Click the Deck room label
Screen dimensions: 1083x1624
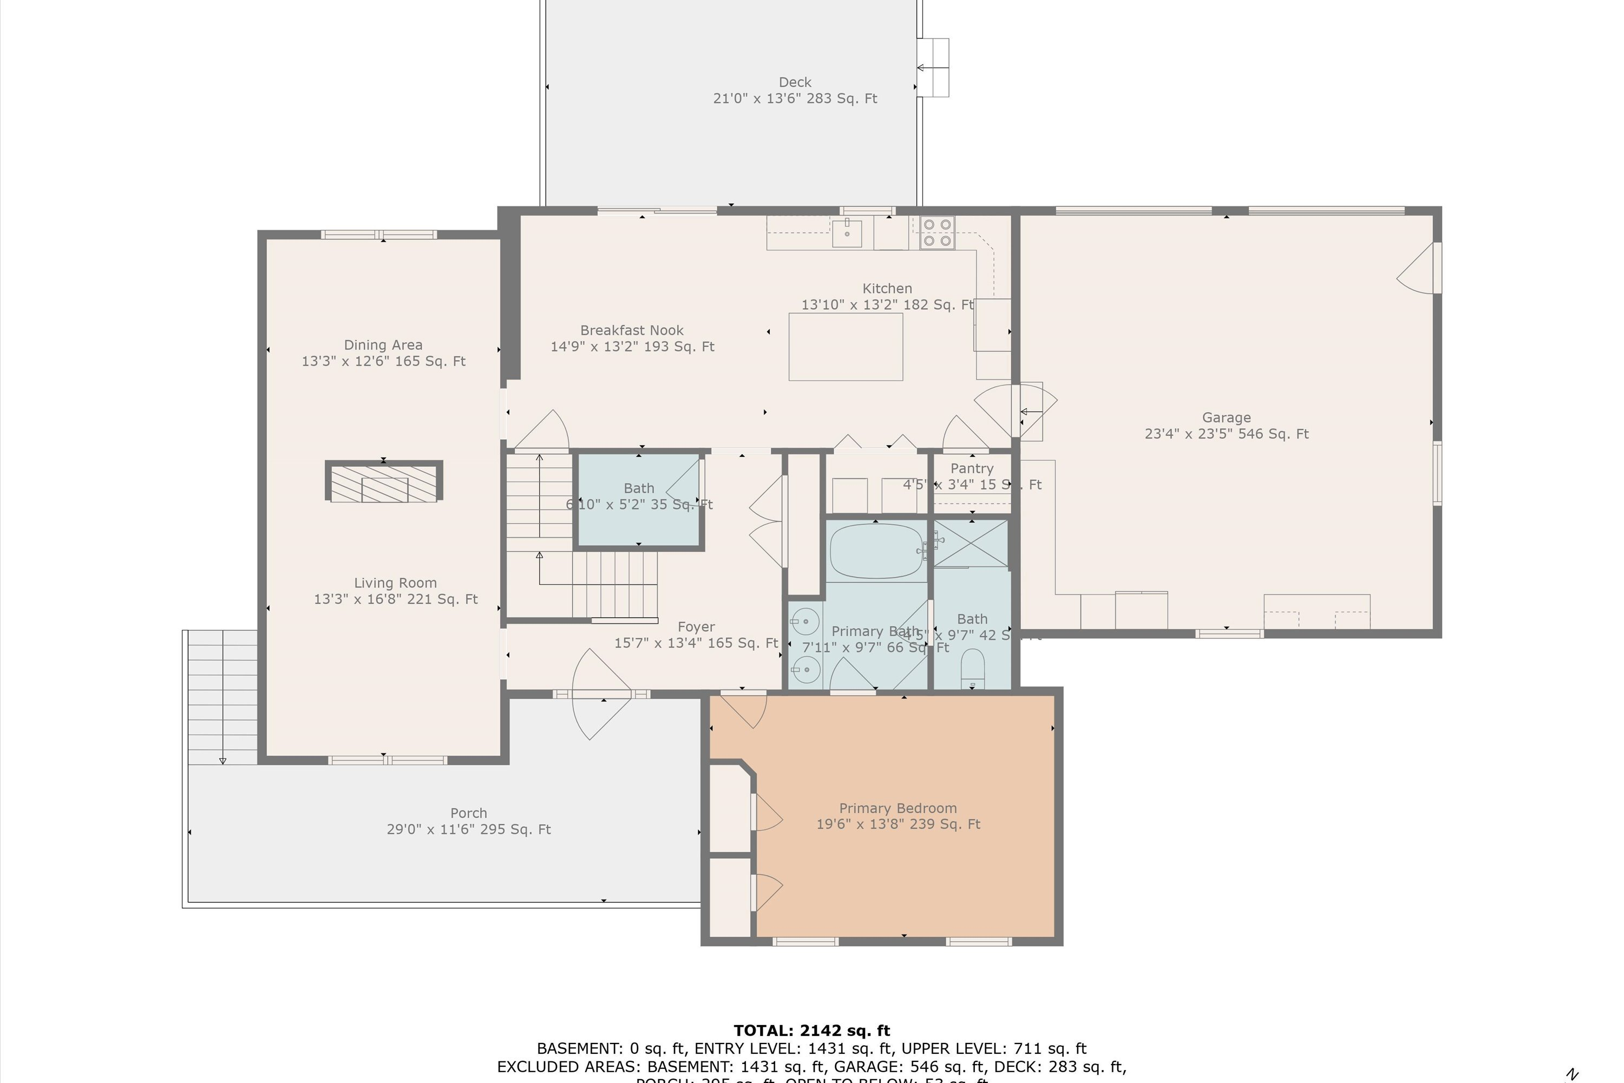point(795,82)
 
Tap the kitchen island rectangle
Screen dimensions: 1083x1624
point(846,347)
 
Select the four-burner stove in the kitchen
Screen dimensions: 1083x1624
point(937,232)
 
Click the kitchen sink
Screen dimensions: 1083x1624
point(847,232)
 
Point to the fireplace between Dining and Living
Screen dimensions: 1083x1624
point(383,481)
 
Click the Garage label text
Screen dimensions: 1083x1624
point(1226,418)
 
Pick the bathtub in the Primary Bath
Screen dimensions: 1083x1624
point(877,551)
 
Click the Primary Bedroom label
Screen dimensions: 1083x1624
point(898,808)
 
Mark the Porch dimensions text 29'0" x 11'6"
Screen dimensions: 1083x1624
point(468,830)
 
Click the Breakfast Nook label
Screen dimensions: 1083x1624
point(632,331)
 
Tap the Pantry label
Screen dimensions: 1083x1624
point(972,469)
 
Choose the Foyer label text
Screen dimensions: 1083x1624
point(696,627)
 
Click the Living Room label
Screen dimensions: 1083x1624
point(395,583)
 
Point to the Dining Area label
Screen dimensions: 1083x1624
point(383,344)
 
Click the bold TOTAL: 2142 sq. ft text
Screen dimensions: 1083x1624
point(811,1030)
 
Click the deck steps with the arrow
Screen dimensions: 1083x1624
point(933,68)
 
